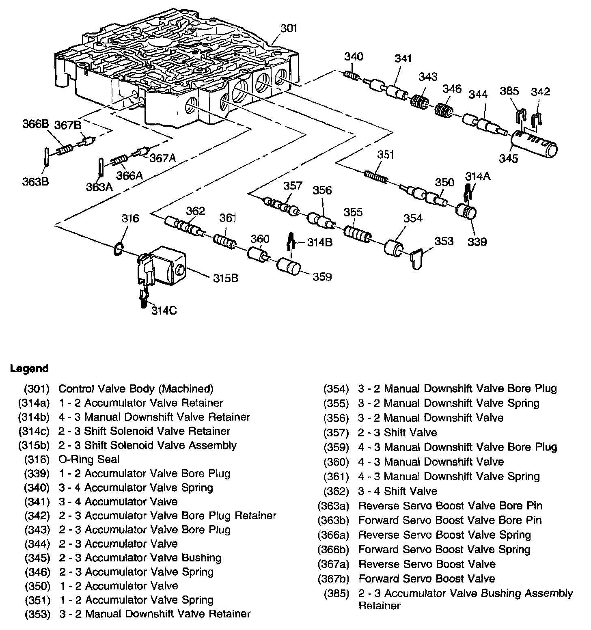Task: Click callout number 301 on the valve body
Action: tap(289, 28)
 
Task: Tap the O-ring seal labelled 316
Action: tap(118, 249)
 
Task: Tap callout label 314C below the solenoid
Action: tap(164, 311)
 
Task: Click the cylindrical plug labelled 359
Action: tap(289, 268)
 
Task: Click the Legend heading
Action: tap(29, 369)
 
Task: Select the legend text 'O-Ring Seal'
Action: tap(89, 459)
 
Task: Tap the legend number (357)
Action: tap(336, 433)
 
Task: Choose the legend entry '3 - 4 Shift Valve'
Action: tap(398, 491)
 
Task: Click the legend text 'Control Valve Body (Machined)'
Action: tap(136, 389)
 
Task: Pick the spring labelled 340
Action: tap(350, 75)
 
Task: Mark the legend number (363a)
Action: tap(334, 506)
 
